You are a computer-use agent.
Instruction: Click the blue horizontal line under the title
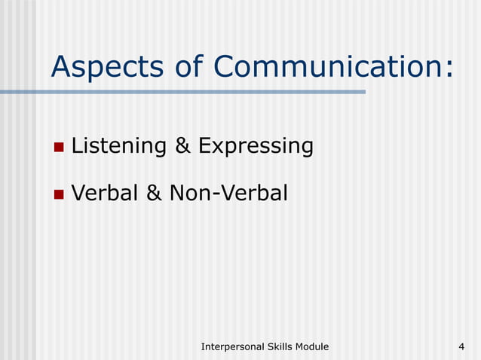181,92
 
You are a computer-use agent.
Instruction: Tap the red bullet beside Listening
59,145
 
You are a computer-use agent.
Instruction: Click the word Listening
118,145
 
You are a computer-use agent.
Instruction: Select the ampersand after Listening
182,145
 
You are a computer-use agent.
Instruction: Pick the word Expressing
255,145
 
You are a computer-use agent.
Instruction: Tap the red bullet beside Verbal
59,194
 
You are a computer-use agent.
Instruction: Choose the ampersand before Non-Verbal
153,194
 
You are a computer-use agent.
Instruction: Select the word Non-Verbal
228,194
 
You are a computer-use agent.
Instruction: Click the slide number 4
461,346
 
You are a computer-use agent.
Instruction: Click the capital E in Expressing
204,145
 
